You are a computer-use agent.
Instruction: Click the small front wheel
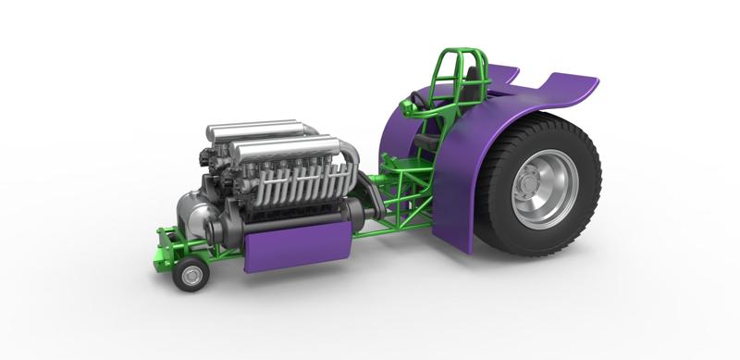(x=191, y=275)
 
